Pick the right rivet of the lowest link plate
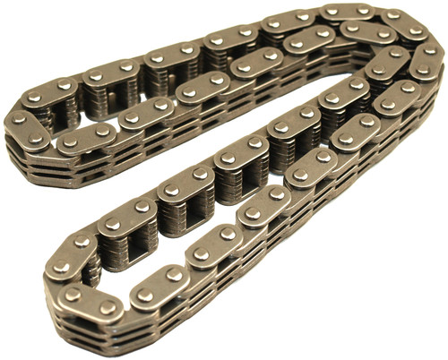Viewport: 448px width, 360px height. pyautogui.click(x=108, y=307)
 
